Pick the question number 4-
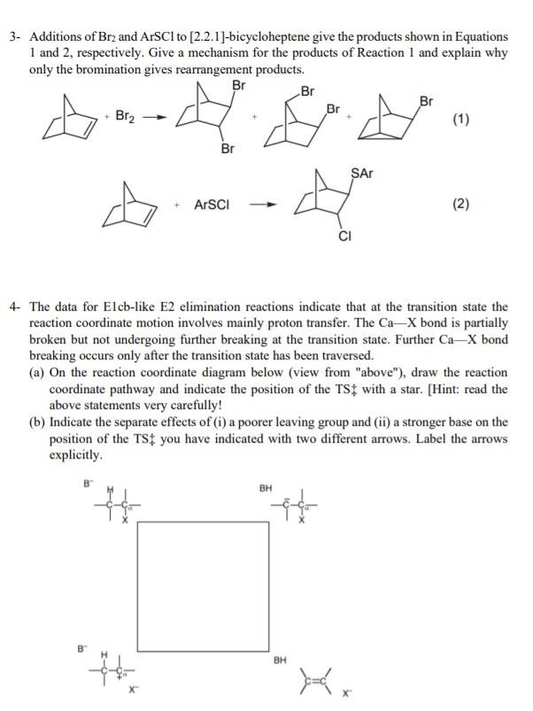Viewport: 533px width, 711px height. click(x=15, y=307)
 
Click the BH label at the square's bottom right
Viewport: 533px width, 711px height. click(x=280, y=660)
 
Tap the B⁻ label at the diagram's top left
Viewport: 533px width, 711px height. click(x=87, y=483)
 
